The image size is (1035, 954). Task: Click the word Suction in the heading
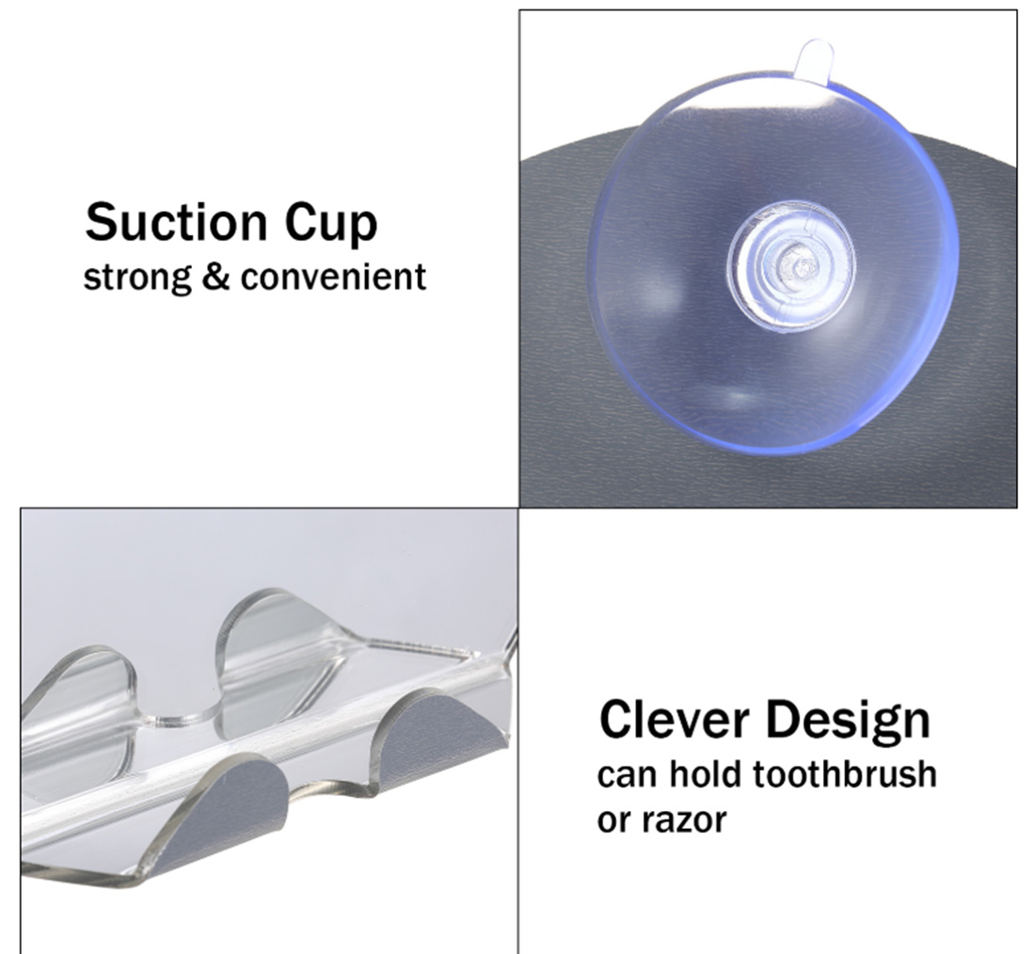pyautogui.click(x=176, y=222)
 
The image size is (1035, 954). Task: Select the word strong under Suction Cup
pyautogui.click(x=137, y=278)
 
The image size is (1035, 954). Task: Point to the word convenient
pyautogui.click(x=333, y=276)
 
